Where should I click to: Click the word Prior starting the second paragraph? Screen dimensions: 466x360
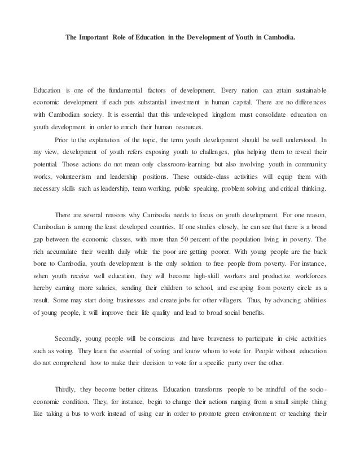(x=62, y=140)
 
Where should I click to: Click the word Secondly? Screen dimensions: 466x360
(x=69, y=338)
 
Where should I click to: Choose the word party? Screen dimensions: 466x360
(x=231, y=363)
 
